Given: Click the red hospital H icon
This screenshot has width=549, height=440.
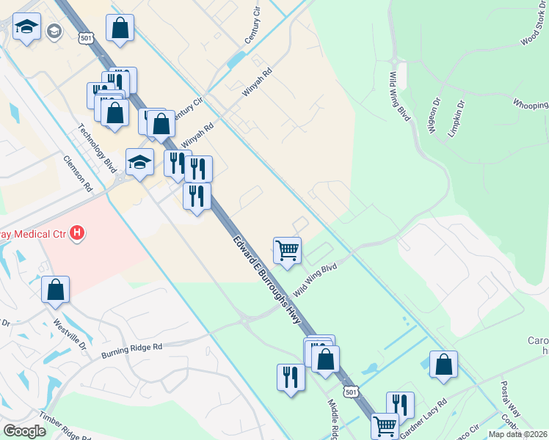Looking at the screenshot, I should coord(77,235).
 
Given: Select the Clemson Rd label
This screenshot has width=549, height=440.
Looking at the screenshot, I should coord(78,173).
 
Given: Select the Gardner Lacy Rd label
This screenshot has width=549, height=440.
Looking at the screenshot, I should coord(423,414).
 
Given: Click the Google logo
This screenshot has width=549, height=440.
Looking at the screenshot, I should coord(24,430).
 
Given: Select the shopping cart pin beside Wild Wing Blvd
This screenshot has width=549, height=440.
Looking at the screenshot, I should coord(287,251).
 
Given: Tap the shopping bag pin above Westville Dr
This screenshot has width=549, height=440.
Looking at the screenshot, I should coord(56,290).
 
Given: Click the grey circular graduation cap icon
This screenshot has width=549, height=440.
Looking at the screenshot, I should coord(54,31).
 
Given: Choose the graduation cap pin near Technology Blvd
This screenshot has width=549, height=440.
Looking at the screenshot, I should coord(139,163).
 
